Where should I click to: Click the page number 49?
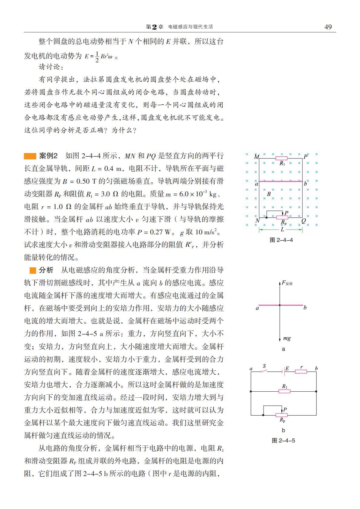328,27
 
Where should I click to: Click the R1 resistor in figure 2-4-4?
282,158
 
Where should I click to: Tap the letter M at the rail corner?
256,157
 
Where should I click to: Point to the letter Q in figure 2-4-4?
303,221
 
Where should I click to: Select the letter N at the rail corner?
257,221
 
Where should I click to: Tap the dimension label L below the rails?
282,230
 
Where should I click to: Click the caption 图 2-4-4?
281,240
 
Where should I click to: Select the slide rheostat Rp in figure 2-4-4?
282,217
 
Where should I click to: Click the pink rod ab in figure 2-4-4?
281,181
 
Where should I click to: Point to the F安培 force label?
287,283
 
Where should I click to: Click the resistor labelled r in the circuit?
301,371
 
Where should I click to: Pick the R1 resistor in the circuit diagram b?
284,391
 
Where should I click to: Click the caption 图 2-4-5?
283,440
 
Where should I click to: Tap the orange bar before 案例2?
30,156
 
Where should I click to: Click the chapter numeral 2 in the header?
154,27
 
